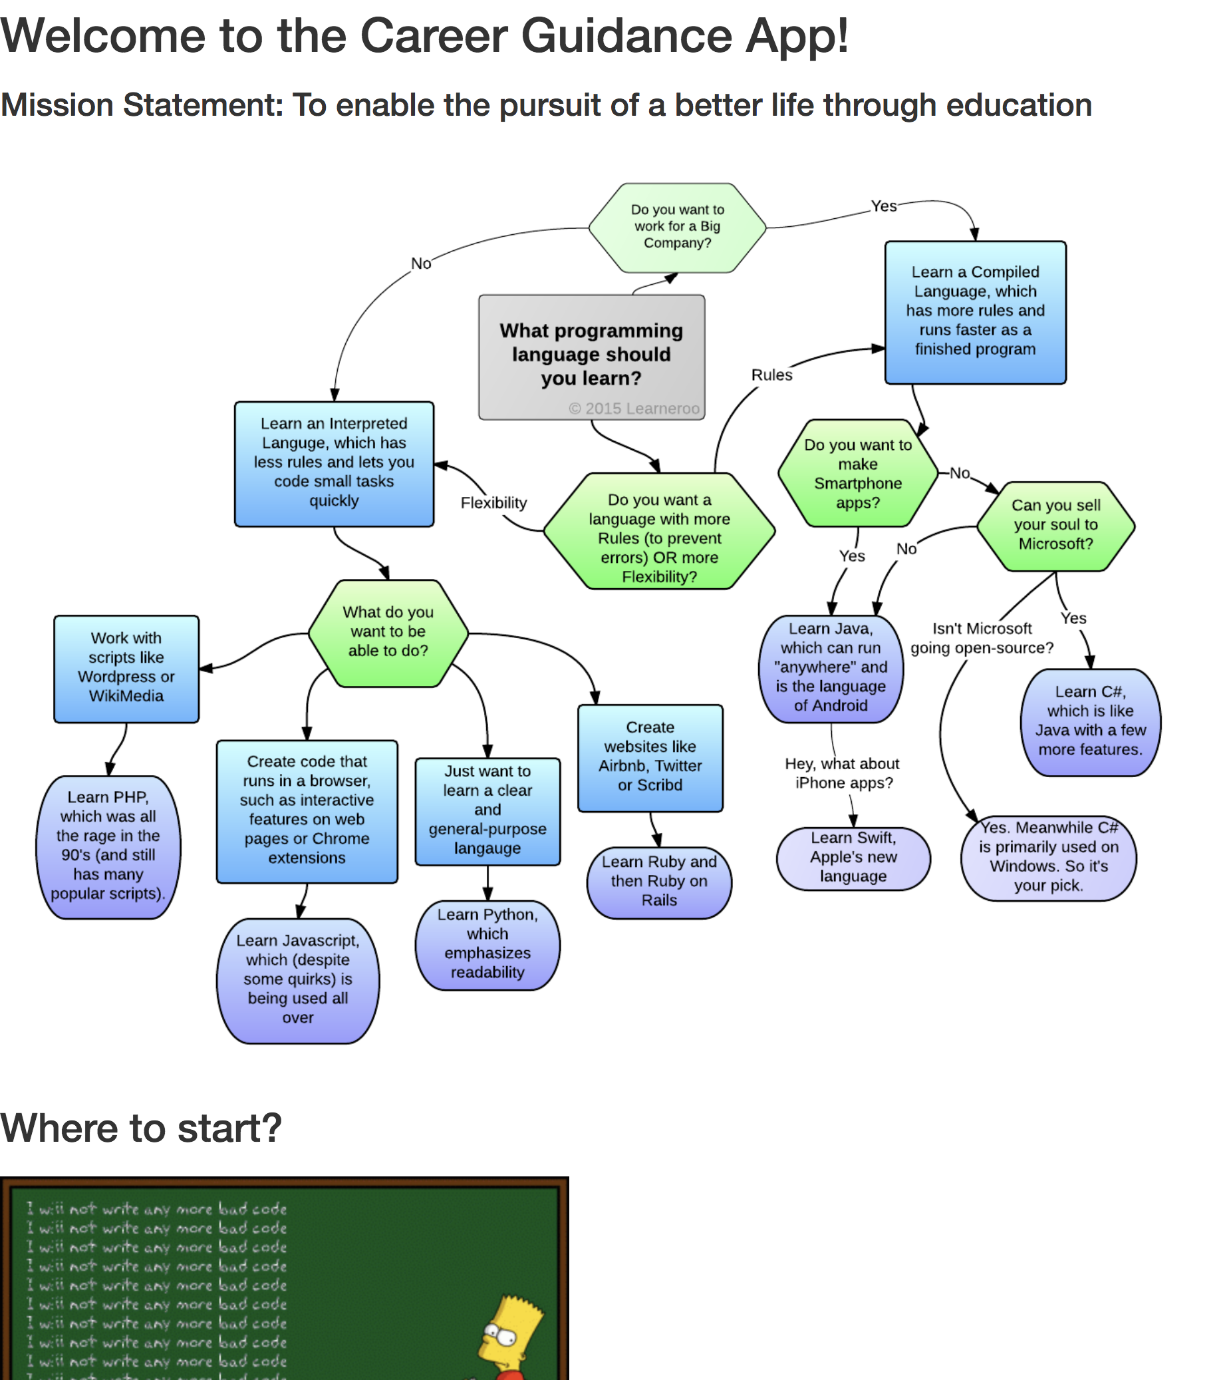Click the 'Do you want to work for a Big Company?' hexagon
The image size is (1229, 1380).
(x=676, y=227)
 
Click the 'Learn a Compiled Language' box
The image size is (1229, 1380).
(x=974, y=311)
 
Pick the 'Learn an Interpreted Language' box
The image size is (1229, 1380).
(x=334, y=462)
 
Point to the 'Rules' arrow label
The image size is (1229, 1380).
(x=771, y=375)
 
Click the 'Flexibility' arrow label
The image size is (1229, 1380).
(x=493, y=502)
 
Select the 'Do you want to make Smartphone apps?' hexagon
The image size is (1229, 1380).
(x=857, y=473)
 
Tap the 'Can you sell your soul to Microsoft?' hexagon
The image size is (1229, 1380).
(x=1055, y=525)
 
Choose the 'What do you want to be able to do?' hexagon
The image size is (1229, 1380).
(x=388, y=631)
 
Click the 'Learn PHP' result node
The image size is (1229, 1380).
(x=108, y=846)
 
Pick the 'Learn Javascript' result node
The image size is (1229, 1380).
(x=297, y=979)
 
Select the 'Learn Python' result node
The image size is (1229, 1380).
(x=487, y=944)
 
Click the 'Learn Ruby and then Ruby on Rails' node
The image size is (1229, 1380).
(x=658, y=881)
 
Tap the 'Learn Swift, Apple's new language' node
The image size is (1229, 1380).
(x=853, y=857)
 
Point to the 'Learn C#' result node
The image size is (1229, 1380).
(x=1090, y=721)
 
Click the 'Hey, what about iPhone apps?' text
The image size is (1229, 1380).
(x=842, y=773)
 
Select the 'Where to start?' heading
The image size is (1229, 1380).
(x=140, y=1128)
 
